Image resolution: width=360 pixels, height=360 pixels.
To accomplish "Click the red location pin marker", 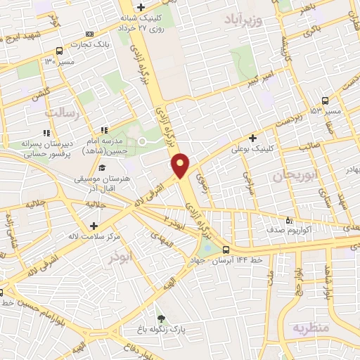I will click(x=181, y=165).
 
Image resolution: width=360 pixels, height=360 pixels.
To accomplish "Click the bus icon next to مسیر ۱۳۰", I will click(x=58, y=51).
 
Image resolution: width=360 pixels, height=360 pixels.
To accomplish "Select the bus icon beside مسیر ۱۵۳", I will click(x=324, y=101).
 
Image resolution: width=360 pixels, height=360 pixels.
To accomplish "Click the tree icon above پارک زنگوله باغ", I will click(x=160, y=319).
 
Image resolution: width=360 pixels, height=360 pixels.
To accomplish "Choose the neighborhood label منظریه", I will click(x=311, y=328).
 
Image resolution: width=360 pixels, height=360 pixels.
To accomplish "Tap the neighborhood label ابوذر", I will click(x=120, y=257).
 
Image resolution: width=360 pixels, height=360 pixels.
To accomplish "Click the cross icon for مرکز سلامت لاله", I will click(x=94, y=226).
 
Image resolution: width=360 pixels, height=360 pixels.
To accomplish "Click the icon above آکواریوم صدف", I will click(x=289, y=219).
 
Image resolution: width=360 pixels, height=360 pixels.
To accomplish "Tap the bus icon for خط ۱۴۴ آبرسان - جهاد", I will click(x=226, y=250).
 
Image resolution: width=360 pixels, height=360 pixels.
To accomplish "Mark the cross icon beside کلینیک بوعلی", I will click(x=252, y=138).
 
